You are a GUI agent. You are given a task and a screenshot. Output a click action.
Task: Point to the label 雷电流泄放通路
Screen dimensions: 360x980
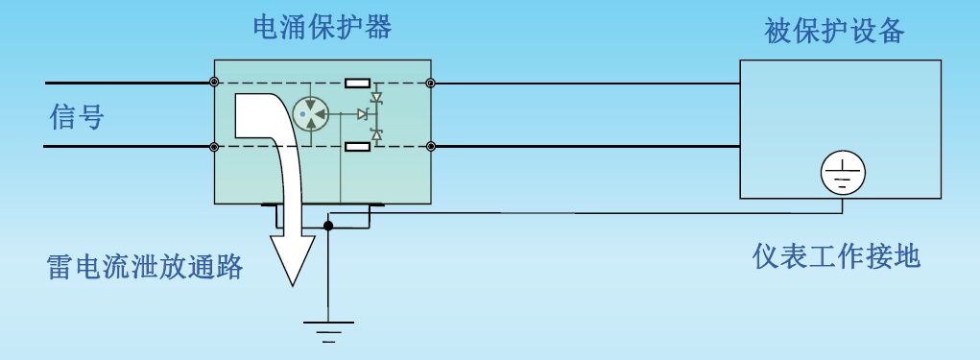144,265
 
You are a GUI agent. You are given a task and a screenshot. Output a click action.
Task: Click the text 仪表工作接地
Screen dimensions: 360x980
837,256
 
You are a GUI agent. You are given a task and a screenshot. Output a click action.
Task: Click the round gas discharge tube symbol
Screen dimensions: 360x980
310,115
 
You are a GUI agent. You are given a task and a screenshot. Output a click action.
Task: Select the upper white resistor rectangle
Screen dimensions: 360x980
358,84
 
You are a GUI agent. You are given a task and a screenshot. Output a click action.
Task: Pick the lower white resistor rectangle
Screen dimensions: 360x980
358,146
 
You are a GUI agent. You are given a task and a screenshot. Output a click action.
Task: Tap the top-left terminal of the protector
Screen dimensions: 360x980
214,84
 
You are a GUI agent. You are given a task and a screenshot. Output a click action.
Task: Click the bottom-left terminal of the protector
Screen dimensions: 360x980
214,147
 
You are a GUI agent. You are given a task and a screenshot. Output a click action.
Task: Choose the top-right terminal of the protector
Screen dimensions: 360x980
431,84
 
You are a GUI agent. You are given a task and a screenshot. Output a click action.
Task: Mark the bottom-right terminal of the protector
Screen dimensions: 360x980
431,147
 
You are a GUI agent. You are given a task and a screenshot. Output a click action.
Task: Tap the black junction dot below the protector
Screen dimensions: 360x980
328,227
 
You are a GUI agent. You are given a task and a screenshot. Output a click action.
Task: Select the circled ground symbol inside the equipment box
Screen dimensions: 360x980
843,173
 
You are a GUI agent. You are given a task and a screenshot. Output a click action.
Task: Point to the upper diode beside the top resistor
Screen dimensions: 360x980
376,97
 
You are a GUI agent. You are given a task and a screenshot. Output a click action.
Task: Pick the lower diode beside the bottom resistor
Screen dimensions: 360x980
376,133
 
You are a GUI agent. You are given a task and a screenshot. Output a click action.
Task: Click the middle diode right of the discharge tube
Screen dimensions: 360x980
363,115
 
